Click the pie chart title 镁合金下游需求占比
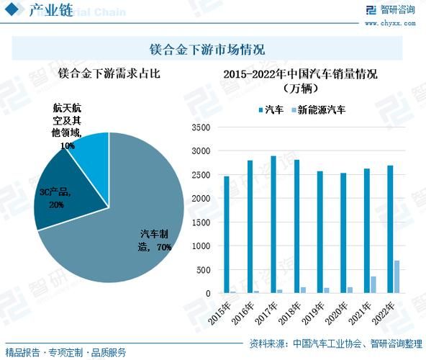pos(107,73)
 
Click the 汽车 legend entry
pos(270,110)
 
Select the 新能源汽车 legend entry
pos(321,110)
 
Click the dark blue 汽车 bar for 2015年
pos(227,235)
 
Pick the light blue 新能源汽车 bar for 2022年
pos(396,277)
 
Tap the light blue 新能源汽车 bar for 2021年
pos(373,285)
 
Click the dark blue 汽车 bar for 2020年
pos(343,233)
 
